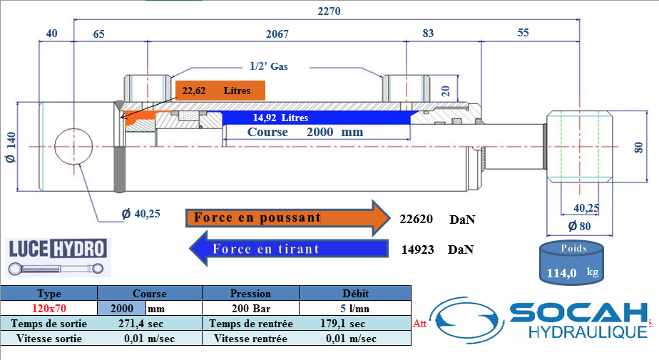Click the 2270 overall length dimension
329,11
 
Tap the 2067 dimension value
277,34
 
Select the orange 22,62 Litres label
220,91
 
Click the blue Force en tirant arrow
286,249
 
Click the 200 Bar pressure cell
250,309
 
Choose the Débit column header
354,293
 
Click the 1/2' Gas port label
269,66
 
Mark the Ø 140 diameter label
10,148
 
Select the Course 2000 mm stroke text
305,132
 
